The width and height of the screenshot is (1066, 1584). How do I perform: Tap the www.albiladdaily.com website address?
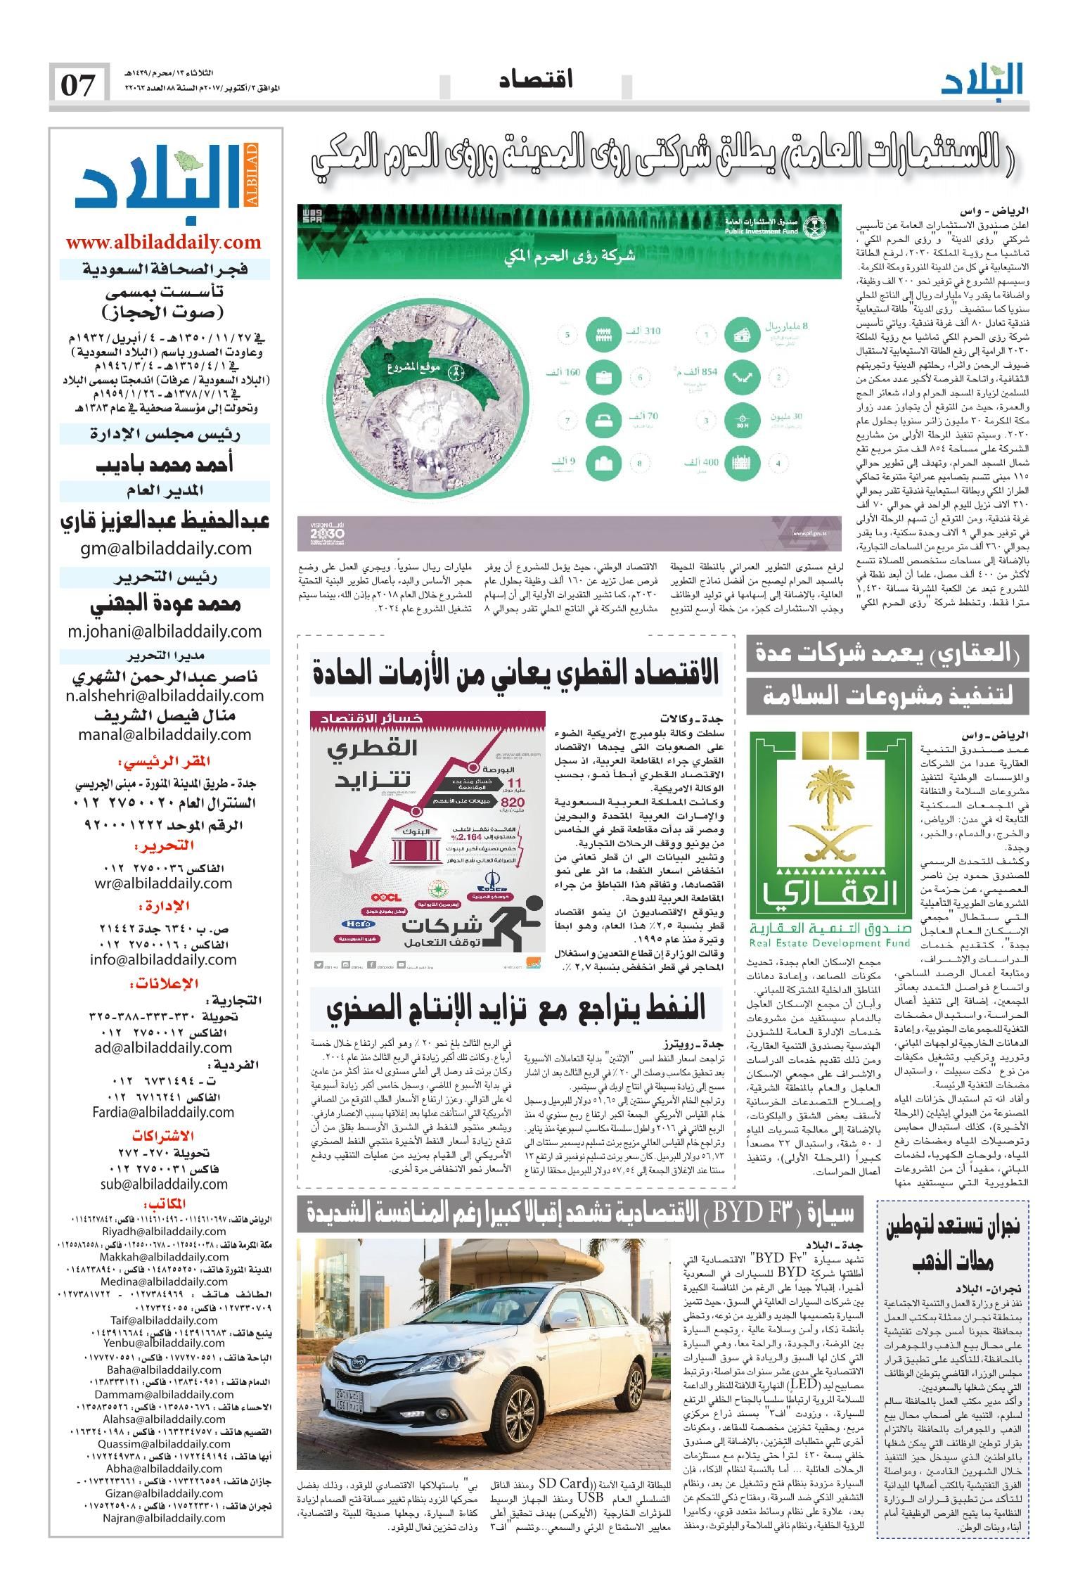click(164, 243)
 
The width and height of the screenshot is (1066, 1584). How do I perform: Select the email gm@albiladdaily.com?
click(164, 549)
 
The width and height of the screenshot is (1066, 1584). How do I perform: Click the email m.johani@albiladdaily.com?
click(165, 632)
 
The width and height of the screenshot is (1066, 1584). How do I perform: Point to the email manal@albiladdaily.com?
click(165, 734)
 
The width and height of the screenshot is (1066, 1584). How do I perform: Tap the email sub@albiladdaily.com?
click(164, 1184)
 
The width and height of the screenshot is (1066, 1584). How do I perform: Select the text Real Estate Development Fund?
click(830, 943)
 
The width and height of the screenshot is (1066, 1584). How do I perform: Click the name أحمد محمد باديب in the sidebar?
click(165, 465)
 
